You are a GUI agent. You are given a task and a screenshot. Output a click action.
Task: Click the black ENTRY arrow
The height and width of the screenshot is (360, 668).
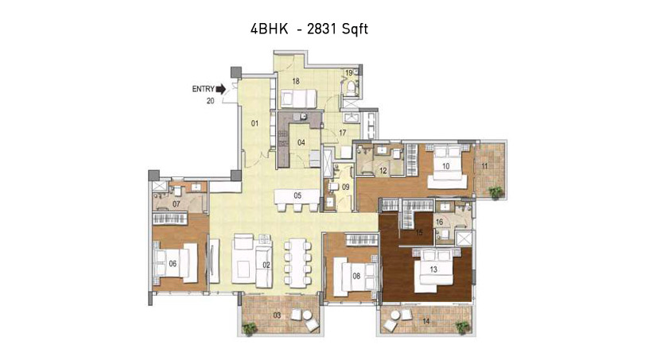click(221, 89)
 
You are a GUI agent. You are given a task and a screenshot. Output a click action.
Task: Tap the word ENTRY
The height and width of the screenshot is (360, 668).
click(204, 89)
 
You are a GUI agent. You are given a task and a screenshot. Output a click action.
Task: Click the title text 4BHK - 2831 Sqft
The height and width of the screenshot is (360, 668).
click(309, 29)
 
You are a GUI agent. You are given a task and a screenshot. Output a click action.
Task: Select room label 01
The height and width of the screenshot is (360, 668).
click(254, 124)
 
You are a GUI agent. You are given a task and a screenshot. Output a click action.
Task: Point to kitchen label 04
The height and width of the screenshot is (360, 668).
click(301, 142)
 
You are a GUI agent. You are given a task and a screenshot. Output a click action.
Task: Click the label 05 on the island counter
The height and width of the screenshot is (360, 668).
click(297, 195)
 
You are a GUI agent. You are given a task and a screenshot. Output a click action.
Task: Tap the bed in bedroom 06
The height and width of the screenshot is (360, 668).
click(176, 263)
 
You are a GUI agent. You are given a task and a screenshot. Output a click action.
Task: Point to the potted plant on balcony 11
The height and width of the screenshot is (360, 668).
click(495, 192)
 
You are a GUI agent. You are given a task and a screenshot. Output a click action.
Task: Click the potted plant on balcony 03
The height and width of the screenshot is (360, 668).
click(249, 328)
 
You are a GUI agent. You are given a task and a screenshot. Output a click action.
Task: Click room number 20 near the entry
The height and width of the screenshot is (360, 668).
click(211, 101)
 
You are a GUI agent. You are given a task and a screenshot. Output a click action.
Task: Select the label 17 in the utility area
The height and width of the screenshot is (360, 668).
click(343, 134)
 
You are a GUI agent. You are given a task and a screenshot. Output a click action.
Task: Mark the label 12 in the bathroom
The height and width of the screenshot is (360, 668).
click(383, 171)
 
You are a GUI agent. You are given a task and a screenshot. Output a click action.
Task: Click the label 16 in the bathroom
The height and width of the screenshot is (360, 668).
click(439, 222)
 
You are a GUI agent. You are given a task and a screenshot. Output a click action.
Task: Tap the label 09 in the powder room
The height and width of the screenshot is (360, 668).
click(345, 187)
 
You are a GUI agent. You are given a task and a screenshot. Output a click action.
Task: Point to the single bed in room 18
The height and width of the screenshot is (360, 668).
click(297, 99)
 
